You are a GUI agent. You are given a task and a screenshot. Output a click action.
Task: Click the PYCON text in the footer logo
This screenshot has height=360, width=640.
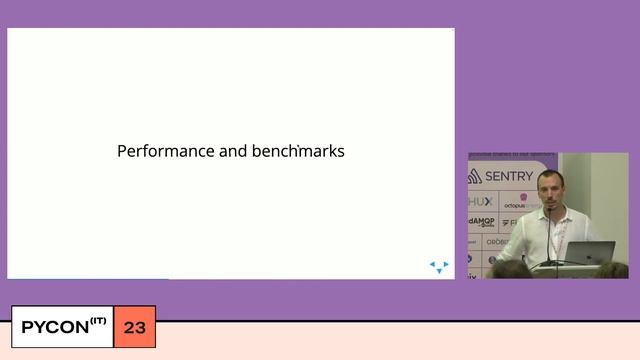(x=58, y=328)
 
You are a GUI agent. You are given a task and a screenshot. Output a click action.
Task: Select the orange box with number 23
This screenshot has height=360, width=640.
(x=135, y=328)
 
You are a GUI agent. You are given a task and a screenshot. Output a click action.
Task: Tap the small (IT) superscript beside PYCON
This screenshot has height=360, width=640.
(x=98, y=321)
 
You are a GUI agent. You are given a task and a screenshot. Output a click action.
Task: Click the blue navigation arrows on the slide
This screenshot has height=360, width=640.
(x=439, y=267)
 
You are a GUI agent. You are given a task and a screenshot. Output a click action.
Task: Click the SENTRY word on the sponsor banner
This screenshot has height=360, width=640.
(x=509, y=176)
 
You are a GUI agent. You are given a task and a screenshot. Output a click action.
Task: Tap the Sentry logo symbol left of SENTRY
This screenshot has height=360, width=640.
(x=476, y=176)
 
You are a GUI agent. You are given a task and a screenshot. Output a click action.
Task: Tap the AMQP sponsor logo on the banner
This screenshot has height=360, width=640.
(x=481, y=222)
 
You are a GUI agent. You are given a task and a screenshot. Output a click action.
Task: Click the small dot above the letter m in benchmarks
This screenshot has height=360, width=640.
(x=298, y=144)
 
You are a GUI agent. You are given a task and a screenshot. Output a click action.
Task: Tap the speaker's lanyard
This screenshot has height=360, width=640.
(x=562, y=225)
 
